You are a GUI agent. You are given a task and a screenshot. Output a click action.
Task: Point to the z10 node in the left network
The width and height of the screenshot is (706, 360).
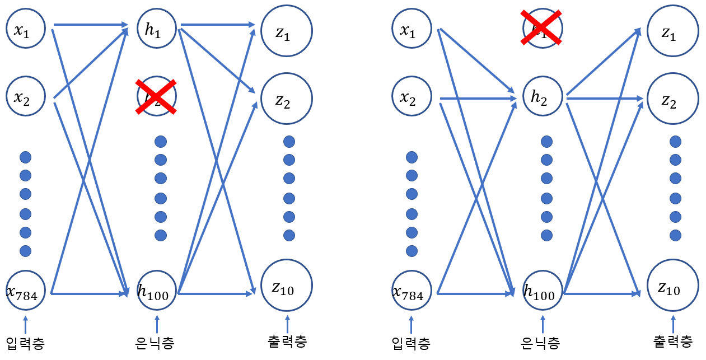click(287, 287)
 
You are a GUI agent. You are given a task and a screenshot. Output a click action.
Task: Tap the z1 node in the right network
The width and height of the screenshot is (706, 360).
click(672, 32)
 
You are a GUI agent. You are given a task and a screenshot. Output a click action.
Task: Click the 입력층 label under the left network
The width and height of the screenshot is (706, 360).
click(25, 343)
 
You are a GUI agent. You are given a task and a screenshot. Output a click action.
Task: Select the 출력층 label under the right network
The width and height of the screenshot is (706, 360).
click(672, 342)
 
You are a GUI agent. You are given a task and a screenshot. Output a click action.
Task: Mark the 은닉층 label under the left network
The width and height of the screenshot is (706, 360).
click(157, 343)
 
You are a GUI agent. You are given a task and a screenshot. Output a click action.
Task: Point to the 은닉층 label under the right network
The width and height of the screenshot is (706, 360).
click(540, 343)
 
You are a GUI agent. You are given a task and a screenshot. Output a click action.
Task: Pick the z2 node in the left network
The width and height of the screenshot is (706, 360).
click(287, 99)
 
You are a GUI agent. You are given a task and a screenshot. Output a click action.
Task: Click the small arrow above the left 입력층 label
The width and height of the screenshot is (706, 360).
click(25, 325)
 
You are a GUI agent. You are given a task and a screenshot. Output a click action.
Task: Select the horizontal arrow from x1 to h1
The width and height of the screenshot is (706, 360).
click(90, 25)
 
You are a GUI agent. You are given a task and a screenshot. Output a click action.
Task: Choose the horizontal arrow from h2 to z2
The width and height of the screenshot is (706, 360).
click(605, 99)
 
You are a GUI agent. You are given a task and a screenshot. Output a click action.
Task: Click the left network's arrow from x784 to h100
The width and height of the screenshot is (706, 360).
click(90, 293)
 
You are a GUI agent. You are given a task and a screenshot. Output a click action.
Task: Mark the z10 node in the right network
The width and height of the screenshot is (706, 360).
click(672, 287)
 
